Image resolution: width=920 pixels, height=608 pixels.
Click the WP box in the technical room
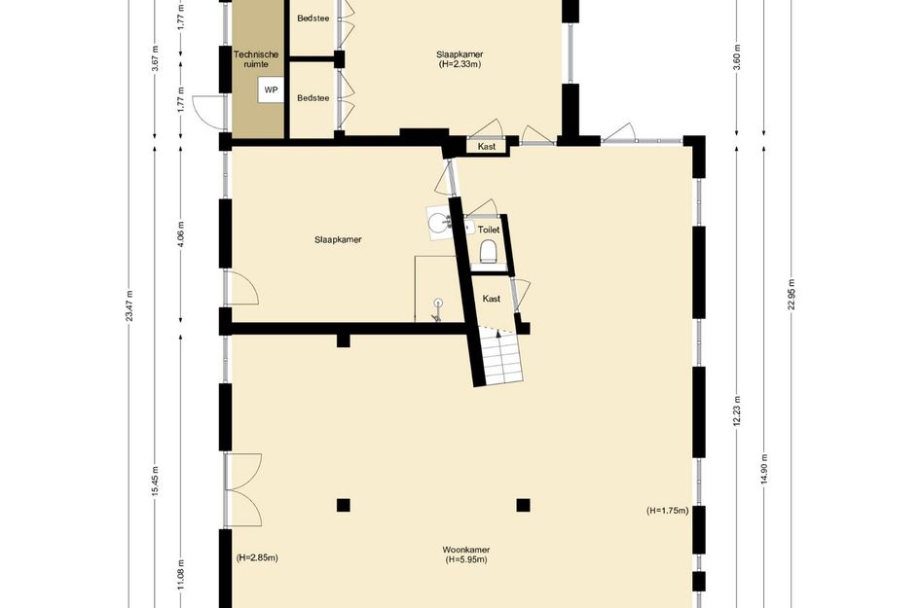coord(271,90)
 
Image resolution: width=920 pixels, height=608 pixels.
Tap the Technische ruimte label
coord(256,59)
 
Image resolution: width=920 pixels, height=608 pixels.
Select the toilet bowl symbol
coord(488,252)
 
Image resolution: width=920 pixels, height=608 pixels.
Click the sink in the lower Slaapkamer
coord(437,223)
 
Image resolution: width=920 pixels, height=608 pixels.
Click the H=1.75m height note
coord(668,511)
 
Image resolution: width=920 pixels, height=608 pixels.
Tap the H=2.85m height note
coord(257,557)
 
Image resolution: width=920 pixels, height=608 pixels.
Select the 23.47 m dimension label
coord(129,305)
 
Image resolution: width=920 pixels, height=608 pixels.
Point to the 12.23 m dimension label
coord(737,411)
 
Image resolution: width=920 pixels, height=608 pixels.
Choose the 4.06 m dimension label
coord(181,233)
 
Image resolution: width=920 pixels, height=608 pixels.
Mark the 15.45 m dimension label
coord(155,482)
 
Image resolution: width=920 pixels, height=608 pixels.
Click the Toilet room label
coord(489,230)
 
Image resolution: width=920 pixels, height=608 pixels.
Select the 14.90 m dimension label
coord(764,470)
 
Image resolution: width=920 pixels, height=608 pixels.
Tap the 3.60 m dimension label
coord(737,56)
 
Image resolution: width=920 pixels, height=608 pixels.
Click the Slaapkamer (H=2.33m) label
coord(460,59)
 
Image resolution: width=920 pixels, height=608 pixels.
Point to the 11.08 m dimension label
coord(181,575)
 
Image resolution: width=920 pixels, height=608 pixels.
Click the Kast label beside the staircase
coord(491,299)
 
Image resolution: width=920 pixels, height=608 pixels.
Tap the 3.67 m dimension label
coord(155,58)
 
